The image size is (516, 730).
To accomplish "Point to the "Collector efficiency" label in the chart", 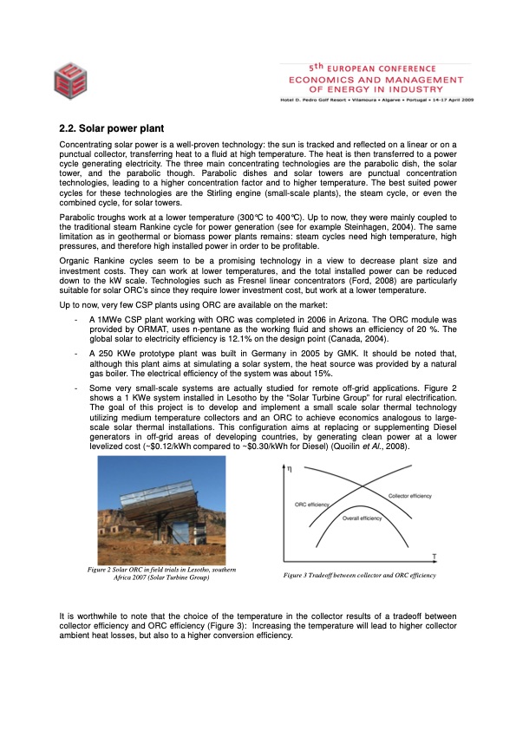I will [408, 495].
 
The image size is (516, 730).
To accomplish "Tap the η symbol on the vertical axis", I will [291, 469].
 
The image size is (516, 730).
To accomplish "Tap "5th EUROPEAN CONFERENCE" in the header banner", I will [371, 68].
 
